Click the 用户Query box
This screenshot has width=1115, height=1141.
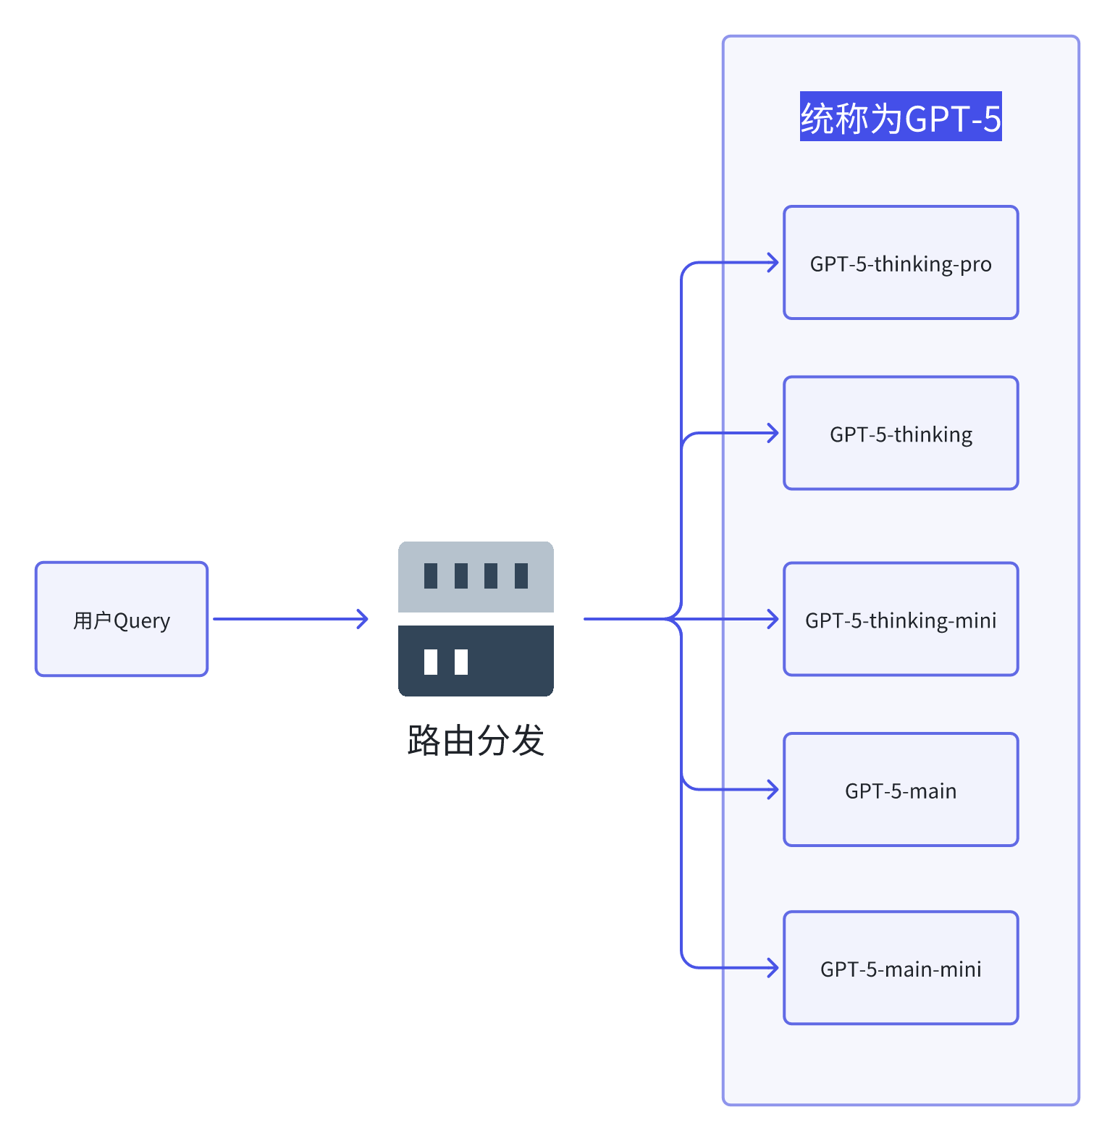tap(122, 619)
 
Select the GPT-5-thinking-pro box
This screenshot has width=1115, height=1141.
tap(901, 263)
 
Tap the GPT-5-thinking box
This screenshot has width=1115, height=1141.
tap(901, 433)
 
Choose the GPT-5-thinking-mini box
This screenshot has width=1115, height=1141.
tap(901, 619)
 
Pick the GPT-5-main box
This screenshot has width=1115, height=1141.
tap(901, 790)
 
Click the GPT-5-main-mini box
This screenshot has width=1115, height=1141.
tap(901, 968)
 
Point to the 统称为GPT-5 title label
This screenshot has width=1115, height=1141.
tap(901, 117)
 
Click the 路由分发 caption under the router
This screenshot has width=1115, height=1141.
tap(476, 741)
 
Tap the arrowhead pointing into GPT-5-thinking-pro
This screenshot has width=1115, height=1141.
tap(774, 263)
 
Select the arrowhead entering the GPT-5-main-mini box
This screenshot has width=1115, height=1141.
tap(774, 968)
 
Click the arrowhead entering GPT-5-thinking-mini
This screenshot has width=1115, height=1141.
tap(774, 619)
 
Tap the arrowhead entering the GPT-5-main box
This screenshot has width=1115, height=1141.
tap(774, 790)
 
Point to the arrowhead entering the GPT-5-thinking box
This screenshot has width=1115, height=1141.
tap(774, 433)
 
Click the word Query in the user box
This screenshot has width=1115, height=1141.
tap(142, 621)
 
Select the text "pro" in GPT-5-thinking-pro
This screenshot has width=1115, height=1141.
tap(976, 265)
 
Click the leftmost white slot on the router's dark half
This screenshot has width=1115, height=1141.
tap(431, 662)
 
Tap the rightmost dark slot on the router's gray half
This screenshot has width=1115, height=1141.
tap(521, 576)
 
